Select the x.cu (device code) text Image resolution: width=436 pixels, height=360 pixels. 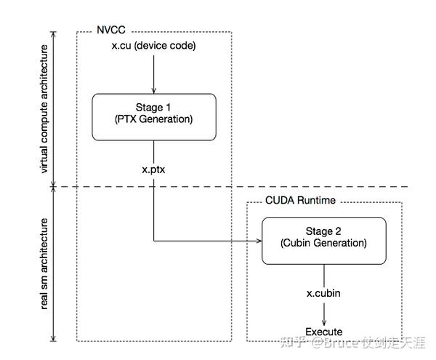click(153, 47)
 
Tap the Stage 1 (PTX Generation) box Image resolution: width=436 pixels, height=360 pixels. click(153, 116)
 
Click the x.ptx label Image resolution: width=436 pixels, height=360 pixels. click(153, 168)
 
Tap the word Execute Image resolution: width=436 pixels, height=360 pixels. click(323, 332)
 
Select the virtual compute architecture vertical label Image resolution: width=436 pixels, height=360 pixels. click(44, 109)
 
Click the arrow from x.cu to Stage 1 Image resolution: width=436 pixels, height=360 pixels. click(153, 73)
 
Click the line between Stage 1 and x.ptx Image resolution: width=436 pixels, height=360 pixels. click(153, 151)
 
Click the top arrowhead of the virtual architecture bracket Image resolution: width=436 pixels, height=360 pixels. click(55, 34)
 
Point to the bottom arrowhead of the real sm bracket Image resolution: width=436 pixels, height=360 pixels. click(55, 339)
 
